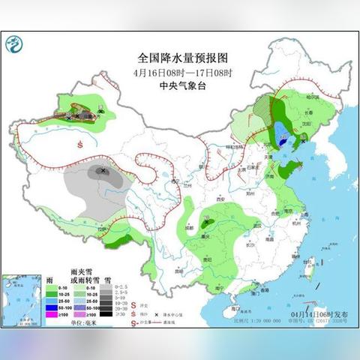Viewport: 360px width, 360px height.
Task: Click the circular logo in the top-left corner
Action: point(13,46)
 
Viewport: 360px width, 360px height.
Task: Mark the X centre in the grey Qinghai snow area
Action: point(103,172)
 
